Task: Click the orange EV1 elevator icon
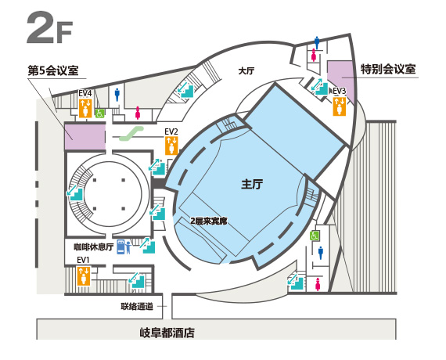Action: point(84,275)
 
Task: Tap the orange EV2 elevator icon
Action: point(171,146)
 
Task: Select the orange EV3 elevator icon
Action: point(340,106)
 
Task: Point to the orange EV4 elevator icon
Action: point(85,108)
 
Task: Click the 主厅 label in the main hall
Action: point(252,184)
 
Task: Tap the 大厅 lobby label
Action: point(246,70)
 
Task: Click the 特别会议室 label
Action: point(389,69)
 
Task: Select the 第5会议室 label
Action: point(53,70)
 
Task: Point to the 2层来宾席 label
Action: point(209,221)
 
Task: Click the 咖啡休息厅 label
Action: point(94,247)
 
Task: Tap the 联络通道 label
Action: point(137,307)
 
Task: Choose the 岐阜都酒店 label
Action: point(167,333)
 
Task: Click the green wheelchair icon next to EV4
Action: point(100,113)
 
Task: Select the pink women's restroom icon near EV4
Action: point(138,113)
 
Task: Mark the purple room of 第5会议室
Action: point(85,136)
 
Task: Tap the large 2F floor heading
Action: point(49,27)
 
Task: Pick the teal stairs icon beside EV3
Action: point(320,87)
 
